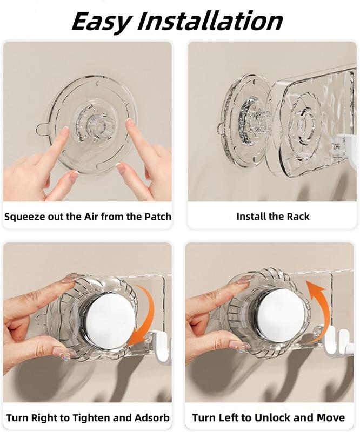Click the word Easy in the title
coord(101,22)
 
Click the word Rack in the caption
coord(298,217)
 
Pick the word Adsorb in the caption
coord(152,417)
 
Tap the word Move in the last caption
coord(330,417)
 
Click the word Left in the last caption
coord(228,417)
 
